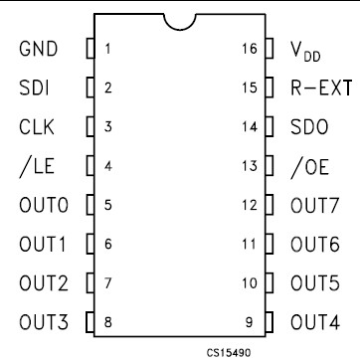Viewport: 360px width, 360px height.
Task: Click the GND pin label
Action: [37, 49]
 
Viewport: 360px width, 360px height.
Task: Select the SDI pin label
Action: [34, 88]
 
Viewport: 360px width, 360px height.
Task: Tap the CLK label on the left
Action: [36, 126]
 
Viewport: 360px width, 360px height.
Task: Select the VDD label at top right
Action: [307, 50]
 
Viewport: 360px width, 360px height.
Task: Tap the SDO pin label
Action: [309, 126]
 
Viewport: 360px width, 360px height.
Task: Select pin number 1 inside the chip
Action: [107, 49]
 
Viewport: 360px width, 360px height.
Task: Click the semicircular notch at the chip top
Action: [180, 20]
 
